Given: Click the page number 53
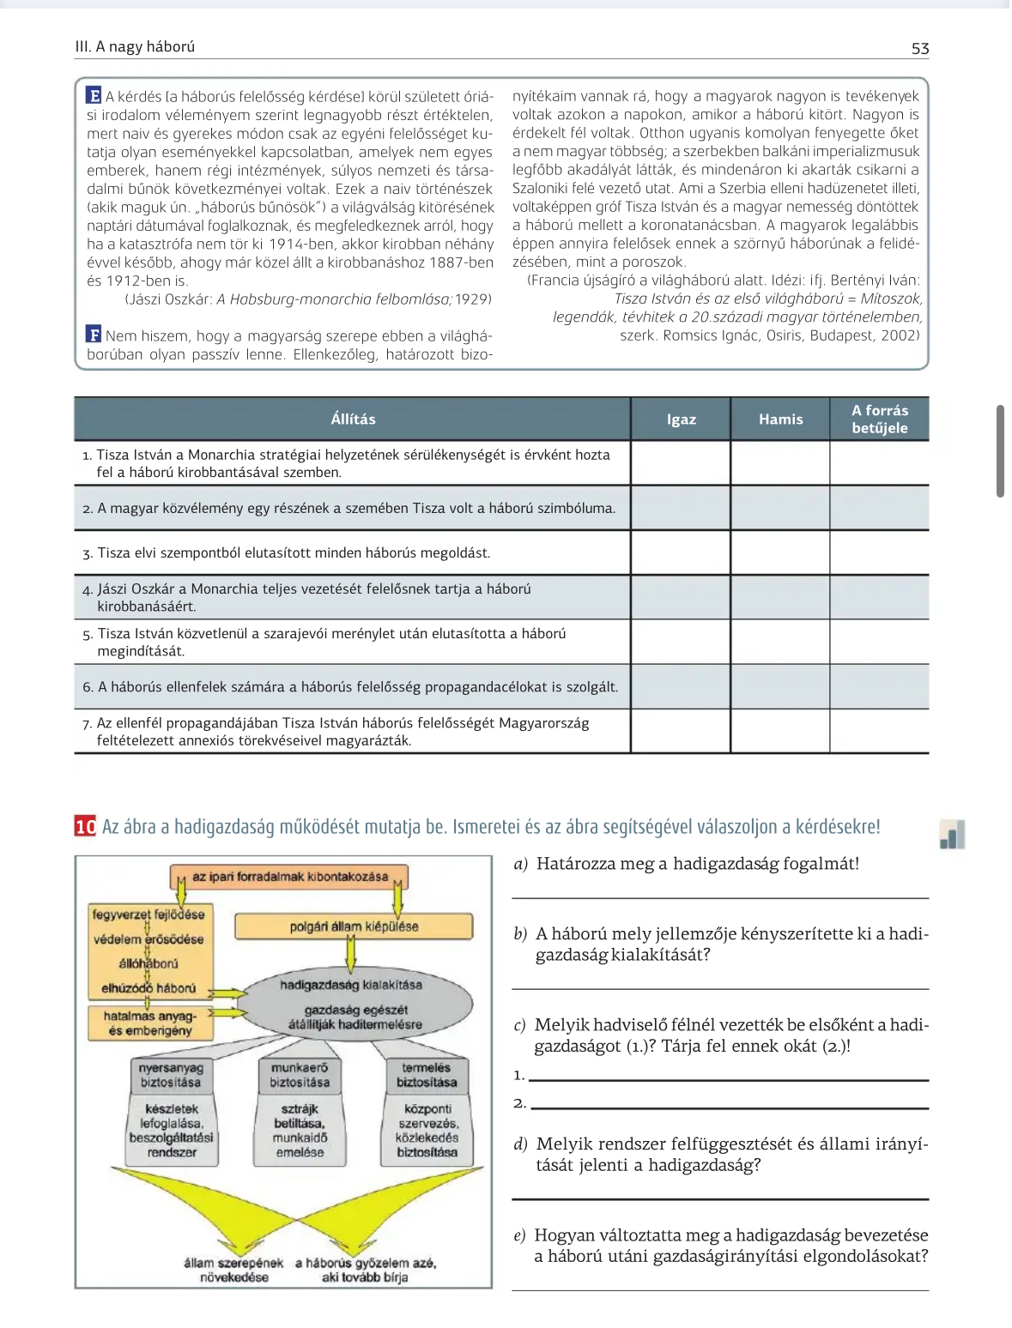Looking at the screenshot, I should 919,49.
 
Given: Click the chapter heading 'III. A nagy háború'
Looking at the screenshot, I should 135,47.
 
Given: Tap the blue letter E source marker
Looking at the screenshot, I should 94,96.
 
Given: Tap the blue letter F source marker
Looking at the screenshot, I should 94,335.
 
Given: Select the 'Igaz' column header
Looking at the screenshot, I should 681,420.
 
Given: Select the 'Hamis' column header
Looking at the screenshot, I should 780,420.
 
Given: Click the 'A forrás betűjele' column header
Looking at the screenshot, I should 879,420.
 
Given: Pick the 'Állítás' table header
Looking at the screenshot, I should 353,420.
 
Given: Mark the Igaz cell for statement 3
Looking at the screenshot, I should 681,552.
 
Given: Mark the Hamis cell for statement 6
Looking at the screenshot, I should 780,686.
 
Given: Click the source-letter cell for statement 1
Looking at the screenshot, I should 879,463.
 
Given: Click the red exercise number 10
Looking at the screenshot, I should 85,827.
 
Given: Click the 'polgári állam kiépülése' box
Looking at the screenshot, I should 354,927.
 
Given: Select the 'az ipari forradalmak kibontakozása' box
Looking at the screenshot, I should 289,877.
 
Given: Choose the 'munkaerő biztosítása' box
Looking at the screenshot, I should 300,1075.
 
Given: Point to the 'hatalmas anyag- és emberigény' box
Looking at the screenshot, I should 150,1023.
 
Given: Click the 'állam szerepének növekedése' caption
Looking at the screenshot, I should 233,1270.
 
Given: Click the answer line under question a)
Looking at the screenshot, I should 720,896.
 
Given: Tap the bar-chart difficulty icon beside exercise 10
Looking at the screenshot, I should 952,834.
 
